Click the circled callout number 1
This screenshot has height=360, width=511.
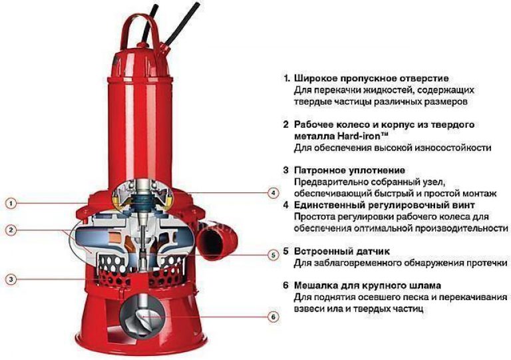pos(11,204)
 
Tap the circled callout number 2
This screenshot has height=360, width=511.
pos(11,230)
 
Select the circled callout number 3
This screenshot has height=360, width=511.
pos(11,279)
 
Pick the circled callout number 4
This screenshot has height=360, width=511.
pos(273,193)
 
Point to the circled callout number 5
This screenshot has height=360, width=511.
pos(273,255)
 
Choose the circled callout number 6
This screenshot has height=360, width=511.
pos(273,317)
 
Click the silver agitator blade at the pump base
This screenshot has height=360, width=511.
pos(143,317)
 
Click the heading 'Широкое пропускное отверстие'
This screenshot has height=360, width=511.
pos(371,79)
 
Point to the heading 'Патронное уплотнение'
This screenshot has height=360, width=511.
pos(350,170)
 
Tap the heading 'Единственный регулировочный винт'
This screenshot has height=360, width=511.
pos(384,205)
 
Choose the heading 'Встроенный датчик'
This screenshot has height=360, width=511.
pos(342,252)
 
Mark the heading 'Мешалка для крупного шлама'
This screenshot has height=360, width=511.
pos(367,285)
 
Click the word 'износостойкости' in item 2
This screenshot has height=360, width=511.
pos(452,148)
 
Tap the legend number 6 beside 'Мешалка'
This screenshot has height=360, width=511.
pos(286,285)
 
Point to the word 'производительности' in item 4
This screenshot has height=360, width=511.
pos(461,228)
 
